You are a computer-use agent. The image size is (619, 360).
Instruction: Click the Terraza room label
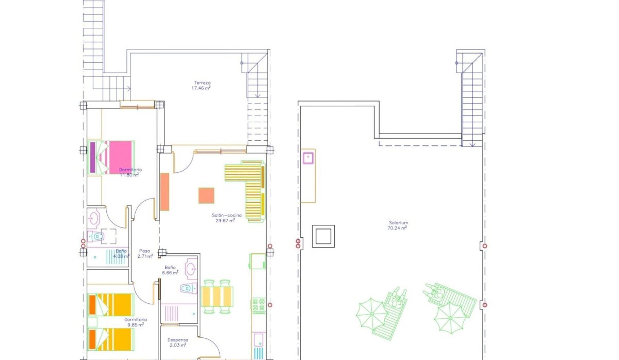(x=202, y=83)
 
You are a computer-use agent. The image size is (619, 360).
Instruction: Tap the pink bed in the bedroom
(x=111, y=157)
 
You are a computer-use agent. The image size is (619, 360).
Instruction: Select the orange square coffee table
(x=206, y=195)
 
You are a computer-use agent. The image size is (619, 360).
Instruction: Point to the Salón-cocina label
(x=225, y=215)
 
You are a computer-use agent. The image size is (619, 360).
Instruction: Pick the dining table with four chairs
(x=217, y=297)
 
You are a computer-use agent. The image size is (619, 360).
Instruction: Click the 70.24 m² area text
(x=398, y=227)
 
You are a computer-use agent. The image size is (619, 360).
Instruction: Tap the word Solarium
(x=398, y=223)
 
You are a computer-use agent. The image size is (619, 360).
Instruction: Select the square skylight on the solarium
(x=323, y=236)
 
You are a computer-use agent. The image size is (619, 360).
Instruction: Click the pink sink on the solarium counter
(x=309, y=157)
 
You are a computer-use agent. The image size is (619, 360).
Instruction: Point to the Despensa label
(x=177, y=340)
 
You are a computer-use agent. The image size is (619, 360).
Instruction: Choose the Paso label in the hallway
(x=144, y=251)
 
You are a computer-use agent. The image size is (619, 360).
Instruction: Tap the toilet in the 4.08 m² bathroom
(x=97, y=237)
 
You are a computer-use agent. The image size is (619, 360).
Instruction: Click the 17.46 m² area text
(x=201, y=88)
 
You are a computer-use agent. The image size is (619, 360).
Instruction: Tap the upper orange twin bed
(x=111, y=304)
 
